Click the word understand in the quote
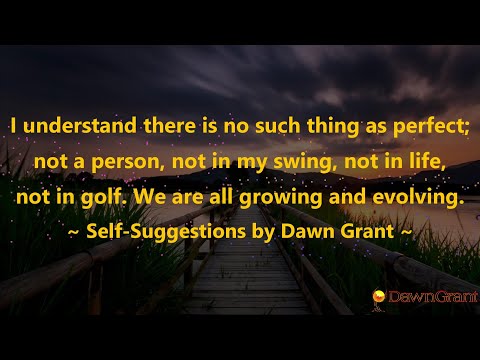click(x=66, y=127)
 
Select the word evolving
click(x=422, y=197)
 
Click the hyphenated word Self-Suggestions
click(x=163, y=232)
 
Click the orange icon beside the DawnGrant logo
click(x=378, y=296)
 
